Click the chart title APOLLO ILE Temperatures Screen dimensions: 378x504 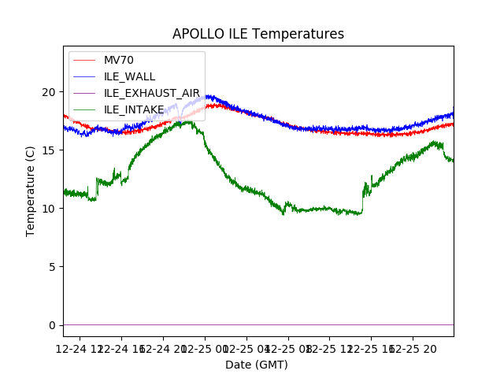coord(258,35)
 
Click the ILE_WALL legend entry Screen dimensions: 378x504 coord(129,76)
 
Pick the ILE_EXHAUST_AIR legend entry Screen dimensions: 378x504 coord(151,93)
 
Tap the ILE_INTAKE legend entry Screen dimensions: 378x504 coord(134,109)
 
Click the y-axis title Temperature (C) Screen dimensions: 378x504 coord(31,191)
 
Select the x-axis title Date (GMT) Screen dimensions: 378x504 coord(257,365)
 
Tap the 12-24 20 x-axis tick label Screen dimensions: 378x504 coord(164,347)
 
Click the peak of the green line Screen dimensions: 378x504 coord(188,121)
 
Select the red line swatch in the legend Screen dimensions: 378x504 coord(85,61)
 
